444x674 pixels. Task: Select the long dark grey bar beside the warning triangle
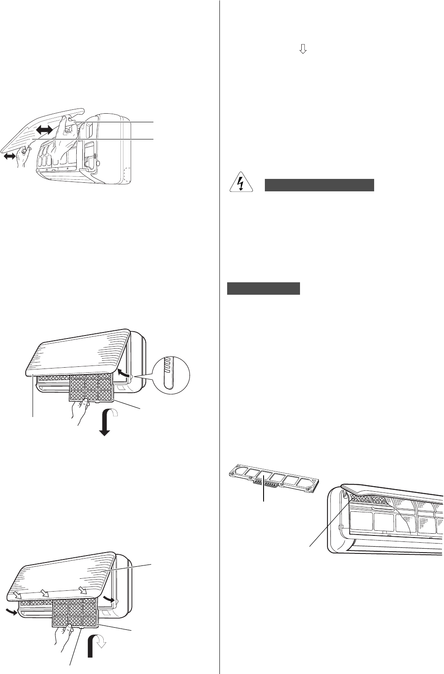tap(319, 185)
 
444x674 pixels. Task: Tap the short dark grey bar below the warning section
tap(263, 288)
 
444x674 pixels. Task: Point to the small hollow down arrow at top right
tap(303, 49)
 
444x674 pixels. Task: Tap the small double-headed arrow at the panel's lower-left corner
tap(9, 157)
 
